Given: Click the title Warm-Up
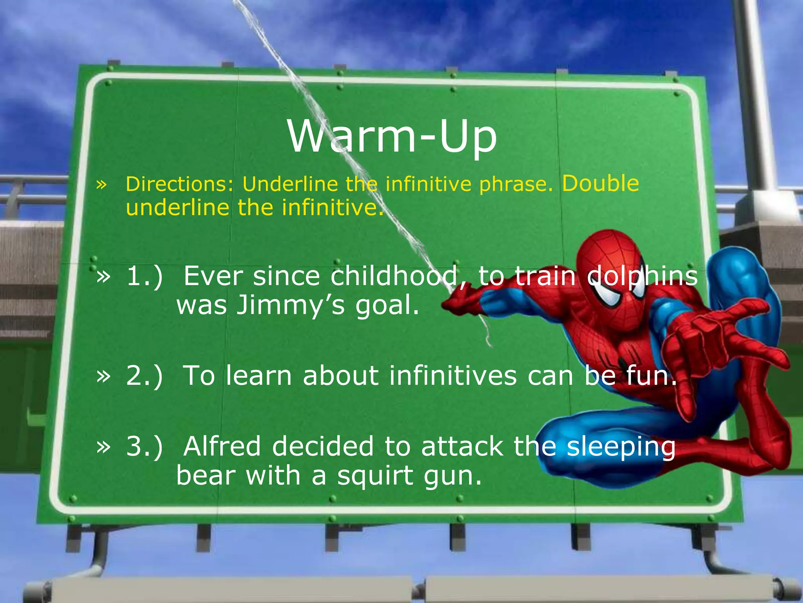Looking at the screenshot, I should point(392,137).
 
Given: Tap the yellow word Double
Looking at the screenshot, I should point(600,183).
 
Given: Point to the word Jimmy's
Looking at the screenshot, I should point(291,305).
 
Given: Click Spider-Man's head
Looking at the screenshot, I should point(612,271).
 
